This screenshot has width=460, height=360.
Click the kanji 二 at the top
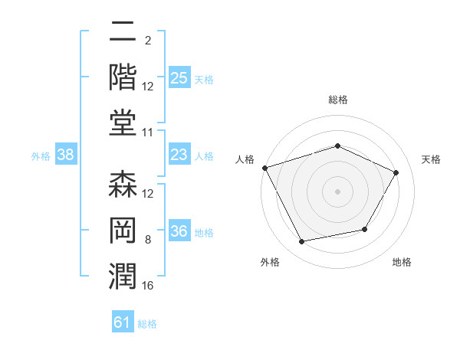(123, 31)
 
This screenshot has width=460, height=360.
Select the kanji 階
(123, 77)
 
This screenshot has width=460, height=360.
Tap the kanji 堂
(123, 123)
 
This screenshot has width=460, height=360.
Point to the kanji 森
(123, 184)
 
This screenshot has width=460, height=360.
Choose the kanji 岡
(123, 230)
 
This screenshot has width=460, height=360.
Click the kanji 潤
(123, 277)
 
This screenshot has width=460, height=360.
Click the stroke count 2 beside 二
(148, 41)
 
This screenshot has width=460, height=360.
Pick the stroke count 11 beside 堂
(147, 133)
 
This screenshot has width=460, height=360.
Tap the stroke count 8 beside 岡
(148, 240)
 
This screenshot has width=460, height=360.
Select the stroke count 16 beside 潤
(147, 286)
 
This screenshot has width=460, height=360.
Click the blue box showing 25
(179, 77)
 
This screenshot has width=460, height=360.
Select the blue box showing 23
(179, 154)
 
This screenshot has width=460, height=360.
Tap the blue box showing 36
(179, 230)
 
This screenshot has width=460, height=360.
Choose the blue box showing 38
(66, 154)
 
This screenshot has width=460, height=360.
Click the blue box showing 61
(123, 321)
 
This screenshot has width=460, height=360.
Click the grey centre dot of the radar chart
(337, 191)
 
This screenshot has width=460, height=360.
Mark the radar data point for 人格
(265, 168)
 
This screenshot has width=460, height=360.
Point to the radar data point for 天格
(396, 172)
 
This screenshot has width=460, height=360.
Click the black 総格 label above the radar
(338, 100)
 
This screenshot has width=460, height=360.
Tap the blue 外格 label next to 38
(41, 156)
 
